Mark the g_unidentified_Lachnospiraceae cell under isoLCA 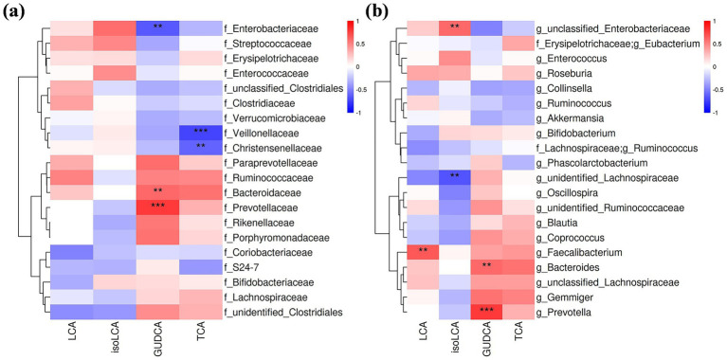[x=453, y=176]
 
